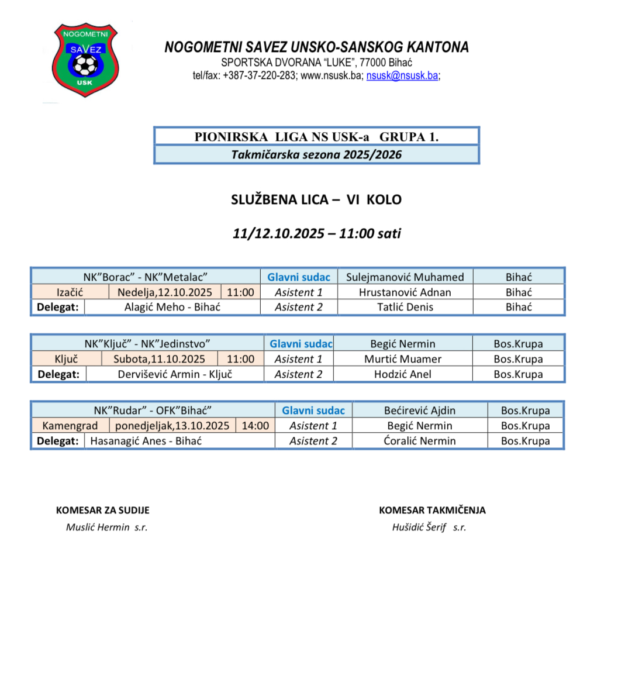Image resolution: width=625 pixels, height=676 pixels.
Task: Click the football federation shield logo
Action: [85, 59]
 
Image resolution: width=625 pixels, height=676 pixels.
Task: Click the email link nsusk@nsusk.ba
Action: [402, 75]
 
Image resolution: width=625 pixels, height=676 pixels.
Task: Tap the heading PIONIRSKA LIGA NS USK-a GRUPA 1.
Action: [316, 137]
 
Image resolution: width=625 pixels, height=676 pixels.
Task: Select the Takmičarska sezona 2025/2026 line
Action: [316, 154]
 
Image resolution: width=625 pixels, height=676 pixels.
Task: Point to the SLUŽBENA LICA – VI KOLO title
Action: [316, 199]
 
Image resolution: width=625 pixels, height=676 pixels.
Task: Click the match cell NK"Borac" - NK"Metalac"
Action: [146, 277]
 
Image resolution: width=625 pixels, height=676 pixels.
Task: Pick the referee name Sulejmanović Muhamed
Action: [405, 277]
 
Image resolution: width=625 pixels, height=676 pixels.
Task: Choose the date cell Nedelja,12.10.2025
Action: [165, 292]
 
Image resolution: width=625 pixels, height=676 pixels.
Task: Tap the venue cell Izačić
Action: [70, 292]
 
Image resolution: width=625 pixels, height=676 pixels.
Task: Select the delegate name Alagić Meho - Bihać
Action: [172, 307]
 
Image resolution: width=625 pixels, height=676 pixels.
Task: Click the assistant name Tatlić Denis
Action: [405, 307]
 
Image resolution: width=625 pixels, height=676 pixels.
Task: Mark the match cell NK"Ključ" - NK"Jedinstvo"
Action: [147, 344]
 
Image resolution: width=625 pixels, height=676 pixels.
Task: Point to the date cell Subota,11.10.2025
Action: [160, 359]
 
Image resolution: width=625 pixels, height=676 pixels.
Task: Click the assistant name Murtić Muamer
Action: [403, 359]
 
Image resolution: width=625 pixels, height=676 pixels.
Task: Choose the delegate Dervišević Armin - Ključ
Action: [175, 374]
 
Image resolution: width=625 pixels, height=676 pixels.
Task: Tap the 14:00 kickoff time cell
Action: [255, 426]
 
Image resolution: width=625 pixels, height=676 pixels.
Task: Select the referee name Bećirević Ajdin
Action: [420, 411]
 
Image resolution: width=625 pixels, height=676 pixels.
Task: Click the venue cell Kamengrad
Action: [70, 426]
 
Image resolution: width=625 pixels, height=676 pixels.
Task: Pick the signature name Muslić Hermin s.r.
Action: [106, 527]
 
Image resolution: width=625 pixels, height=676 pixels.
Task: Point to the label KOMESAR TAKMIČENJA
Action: [432, 510]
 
